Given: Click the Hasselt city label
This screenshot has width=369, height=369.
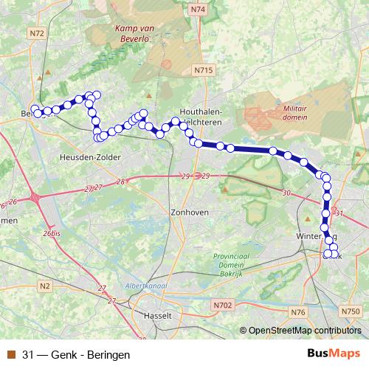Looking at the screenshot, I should pyautogui.click(x=157, y=315).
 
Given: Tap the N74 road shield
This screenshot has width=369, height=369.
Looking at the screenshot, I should pyautogui.click(x=197, y=10).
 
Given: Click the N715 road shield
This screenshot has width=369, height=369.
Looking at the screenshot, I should pyautogui.click(x=204, y=70).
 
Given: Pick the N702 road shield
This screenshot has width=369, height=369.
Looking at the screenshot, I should pyautogui.click(x=224, y=304).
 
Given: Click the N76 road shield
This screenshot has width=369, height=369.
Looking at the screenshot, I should pyautogui.click(x=298, y=313).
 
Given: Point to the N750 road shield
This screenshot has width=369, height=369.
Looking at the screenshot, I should pyautogui.click(x=352, y=312).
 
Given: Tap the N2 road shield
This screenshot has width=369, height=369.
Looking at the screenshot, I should pyautogui.click(x=45, y=285).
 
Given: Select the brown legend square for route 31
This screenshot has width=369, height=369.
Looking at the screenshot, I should pyautogui.click(x=11, y=354).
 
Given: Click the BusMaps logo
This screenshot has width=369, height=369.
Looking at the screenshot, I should pyautogui.click(x=333, y=354).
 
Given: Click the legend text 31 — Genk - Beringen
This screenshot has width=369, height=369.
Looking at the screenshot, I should pyautogui.click(x=71, y=354).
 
